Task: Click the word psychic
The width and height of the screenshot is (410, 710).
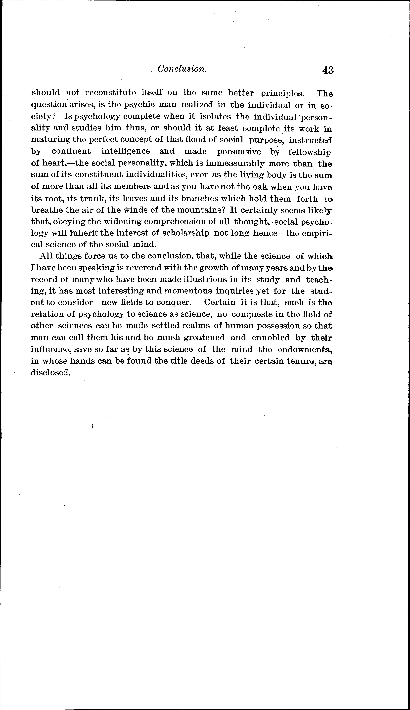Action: [x=139, y=105]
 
